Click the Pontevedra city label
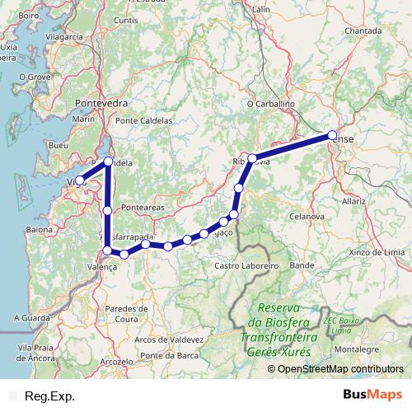click(101, 103)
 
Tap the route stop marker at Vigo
click(80, 180)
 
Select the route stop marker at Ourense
click(332, 134)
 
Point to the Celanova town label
click(306, 215)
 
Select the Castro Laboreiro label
click(247, 266)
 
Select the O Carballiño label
click(271, 105)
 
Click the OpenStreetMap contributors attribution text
click(335, 368)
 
